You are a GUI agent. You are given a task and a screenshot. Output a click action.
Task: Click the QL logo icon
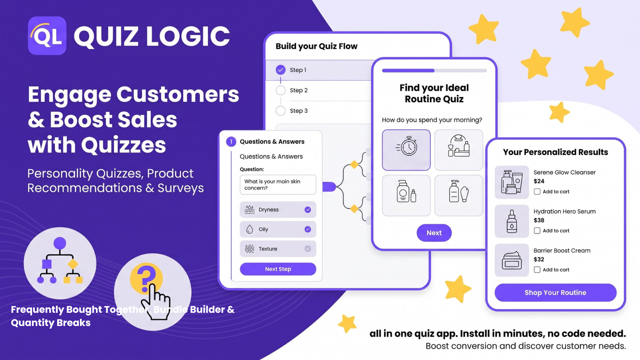(x=47, y=36)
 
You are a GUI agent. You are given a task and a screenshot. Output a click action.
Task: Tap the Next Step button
(x=278, y=269)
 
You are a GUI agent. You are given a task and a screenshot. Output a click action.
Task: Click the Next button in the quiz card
(x=434, y=233)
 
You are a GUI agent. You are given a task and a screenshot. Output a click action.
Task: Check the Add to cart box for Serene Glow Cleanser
(x=537, y=192)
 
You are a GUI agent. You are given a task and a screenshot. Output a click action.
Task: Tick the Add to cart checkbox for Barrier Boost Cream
(x=537, y=270)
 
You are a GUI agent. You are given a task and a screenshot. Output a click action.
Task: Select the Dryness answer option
(x=278, y=210)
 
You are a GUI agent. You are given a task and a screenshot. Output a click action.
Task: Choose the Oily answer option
(x=278, y=229)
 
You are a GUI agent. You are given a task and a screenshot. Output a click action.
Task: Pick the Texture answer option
(x=278, y=249)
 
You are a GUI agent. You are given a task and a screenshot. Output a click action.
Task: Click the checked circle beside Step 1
(x=280, y=70)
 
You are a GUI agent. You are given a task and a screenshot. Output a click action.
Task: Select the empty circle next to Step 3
(x=280, y=110)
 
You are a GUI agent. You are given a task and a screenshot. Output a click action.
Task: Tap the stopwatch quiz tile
(x=406, y=150)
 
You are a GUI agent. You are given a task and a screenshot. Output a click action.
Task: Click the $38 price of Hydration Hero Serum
(x=539, y=220)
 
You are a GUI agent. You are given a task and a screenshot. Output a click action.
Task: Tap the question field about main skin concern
(x=278, y=184)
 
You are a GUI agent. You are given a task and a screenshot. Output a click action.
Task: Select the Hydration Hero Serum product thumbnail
(x=512, y=221)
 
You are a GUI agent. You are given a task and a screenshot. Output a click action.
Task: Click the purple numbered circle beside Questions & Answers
(x=231, y=142)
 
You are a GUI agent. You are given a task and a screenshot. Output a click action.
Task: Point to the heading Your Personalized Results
(x=556, y=152)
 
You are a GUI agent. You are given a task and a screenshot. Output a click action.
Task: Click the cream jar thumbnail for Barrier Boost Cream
(x=512, y=260)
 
